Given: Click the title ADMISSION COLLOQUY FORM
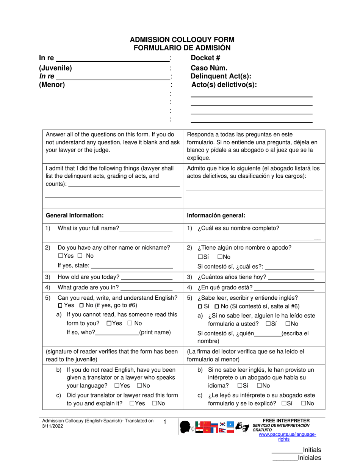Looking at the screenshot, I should [182, 39].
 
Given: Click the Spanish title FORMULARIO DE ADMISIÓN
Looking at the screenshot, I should [182, 48].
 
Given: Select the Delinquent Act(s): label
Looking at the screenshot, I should [221, 77].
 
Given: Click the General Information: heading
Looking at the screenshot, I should [75, 215].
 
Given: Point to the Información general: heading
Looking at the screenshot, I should [216, 215].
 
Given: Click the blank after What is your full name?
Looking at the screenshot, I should [146, 229].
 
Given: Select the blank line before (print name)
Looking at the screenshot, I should [117, 333].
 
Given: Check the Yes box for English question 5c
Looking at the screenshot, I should [131, 403].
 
